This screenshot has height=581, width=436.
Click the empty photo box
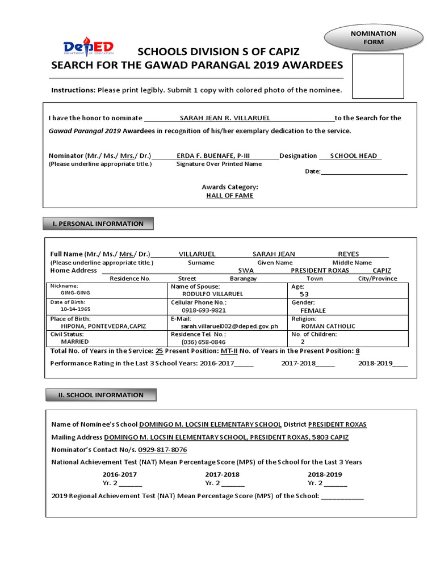378,76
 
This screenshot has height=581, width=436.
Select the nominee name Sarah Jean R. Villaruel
225,118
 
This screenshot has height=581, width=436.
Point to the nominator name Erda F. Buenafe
213,155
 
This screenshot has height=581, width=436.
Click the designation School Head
353,155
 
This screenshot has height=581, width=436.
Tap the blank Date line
364,171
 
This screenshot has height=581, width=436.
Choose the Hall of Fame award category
229,195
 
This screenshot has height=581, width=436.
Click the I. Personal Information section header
98,224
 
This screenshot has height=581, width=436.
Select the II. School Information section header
99,395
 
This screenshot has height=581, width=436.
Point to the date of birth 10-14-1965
75,310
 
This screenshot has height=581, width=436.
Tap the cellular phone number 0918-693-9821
203,310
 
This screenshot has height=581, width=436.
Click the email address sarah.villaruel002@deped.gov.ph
229,326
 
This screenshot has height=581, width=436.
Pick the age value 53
304,294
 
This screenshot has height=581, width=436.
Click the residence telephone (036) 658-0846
203,342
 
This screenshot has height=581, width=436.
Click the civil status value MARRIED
75,342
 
